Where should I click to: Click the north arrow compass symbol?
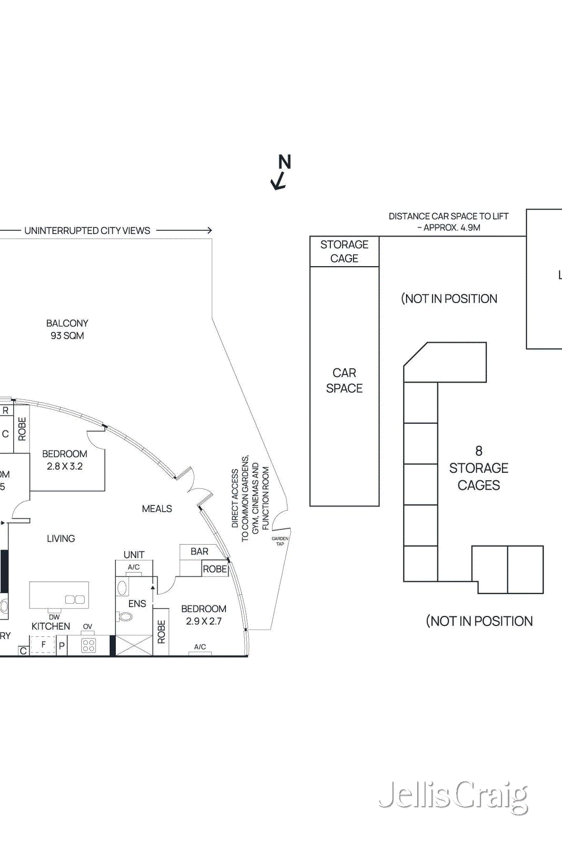281,172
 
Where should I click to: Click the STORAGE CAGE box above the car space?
344,251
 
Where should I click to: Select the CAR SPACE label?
344,380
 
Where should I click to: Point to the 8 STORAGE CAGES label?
478,468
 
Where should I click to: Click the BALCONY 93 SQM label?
67,329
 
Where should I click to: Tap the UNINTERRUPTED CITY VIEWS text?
87,231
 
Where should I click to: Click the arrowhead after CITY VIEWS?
209,230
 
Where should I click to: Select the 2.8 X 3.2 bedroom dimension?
64,466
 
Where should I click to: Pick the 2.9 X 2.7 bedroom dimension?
203,621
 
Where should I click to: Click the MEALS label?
157,508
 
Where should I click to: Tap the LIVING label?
61,538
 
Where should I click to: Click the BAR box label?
199,552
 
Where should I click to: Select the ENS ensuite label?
137,604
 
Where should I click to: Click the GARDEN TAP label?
280,541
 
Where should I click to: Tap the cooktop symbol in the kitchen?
88,645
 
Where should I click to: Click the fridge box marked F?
43,644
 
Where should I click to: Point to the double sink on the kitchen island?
75,600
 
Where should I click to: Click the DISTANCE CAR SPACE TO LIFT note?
449,222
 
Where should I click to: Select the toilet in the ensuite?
125,616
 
